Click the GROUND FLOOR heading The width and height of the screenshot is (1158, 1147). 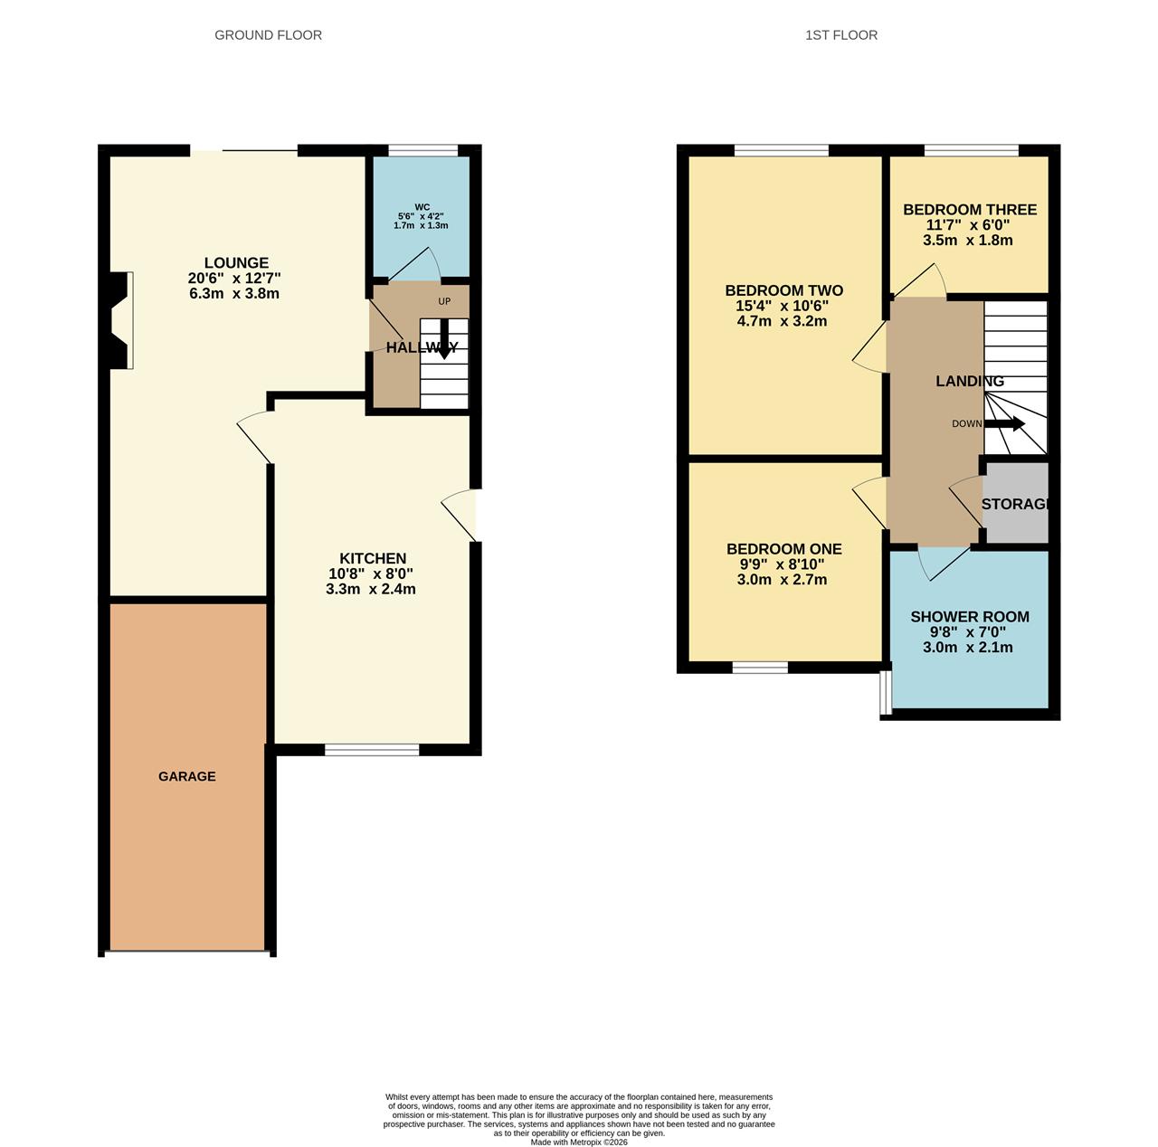tap(268, 35)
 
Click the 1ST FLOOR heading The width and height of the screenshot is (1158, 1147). tap(841, 35)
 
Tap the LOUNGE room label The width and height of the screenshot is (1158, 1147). tap(236, 263)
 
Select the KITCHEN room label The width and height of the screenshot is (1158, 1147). tap(373, 558)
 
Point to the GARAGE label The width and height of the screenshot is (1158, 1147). tap(187, 776)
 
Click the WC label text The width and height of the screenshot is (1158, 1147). tap(422, 207)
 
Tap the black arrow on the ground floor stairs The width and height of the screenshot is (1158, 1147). tap(443, 340)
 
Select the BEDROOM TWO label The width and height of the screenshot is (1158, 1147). tap(784, 290)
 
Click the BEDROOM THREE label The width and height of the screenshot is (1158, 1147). tap(970, 210)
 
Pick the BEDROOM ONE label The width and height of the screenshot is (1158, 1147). tap(784, 549)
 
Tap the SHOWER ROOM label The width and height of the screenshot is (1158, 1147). tap(970, 617)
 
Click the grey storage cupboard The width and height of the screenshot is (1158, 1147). tap(1016, 504)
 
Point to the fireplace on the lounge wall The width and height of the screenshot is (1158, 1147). tap(118, 320)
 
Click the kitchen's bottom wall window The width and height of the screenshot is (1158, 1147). tap(372, 749)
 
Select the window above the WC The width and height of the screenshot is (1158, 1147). tap(423, 151)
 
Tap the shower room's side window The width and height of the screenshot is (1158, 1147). tap(887, 689)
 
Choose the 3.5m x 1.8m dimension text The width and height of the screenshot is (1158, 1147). tap(968, 241)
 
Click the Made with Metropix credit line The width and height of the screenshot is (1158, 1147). tap(579, 1142)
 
